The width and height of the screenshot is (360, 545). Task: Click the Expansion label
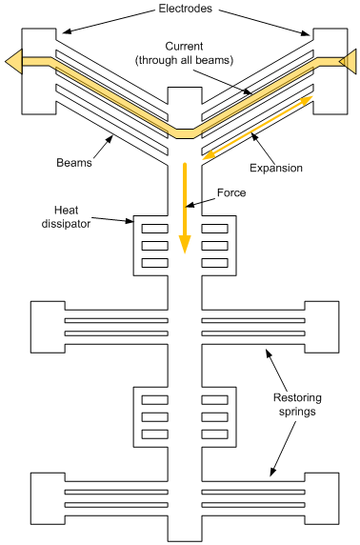pyautogui.click(x=275, y=168)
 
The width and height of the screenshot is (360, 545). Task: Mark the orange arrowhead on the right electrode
pyautogui.click(x=349, y=61)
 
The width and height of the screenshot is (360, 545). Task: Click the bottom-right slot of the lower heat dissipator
pyautogui.click(x=214, y=434)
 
